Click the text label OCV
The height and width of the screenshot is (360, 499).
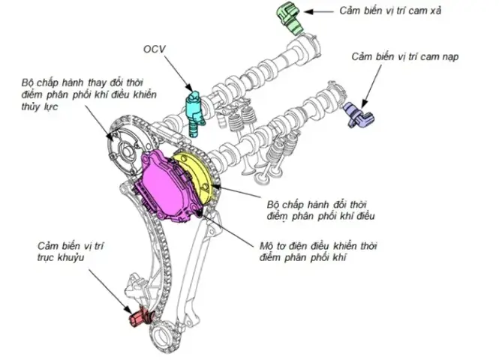point(155,49)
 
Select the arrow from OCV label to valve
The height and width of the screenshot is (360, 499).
point(177,75)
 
